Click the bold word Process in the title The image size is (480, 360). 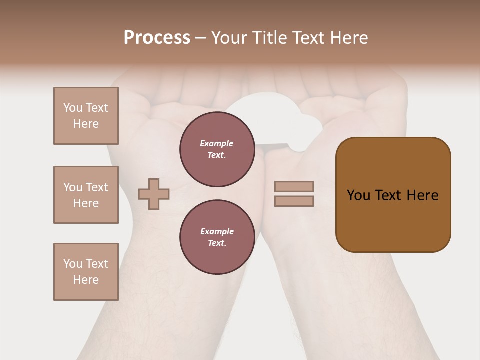[x=157, y=38]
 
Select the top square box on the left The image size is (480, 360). [x=86, y=116]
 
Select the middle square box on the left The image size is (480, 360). [x=86, y=195]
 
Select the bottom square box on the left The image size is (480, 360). [x=86, y=272]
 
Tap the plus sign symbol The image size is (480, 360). [x=154, y=194]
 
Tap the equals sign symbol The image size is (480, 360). [x=294, y=194]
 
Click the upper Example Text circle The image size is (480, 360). [x=217, y=149]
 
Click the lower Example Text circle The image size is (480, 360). [x=217, y=237]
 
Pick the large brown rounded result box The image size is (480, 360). [x=393, y=195]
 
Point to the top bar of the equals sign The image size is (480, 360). [x=294, y=187]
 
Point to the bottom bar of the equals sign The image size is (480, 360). [x=294, y=201]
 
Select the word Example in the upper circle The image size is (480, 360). [x=217, y=143]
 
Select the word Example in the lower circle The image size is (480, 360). [x=217, y=231]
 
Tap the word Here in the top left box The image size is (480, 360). [x=86, y=124]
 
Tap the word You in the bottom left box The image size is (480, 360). [x=73, y=264]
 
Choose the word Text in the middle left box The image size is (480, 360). [x=97, y=187]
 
